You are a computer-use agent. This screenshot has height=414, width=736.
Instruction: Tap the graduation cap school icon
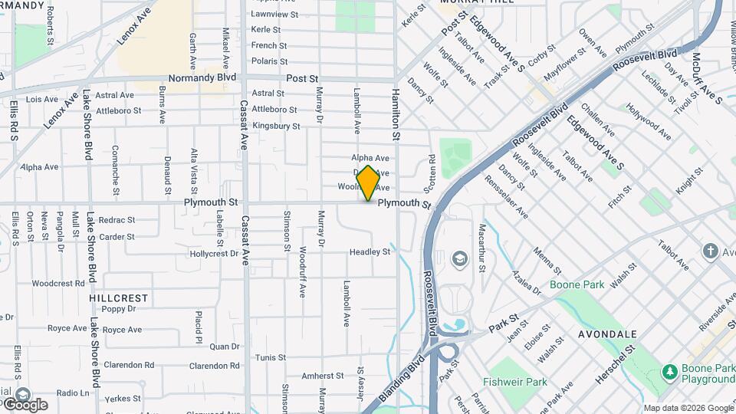click(460, 258)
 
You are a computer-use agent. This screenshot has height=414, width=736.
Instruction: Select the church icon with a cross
click(710, 251)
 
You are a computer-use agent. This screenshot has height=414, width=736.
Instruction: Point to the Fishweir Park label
click(514, 382)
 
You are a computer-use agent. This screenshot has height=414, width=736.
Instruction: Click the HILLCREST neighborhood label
click(118, 297)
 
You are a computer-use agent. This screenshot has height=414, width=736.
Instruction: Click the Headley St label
click(370, 251)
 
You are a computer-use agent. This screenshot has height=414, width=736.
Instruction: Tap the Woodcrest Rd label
click(58, 283)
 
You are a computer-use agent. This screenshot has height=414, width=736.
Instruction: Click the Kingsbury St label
click(275, 125)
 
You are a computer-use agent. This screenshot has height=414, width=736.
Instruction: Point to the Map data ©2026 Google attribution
click(688, 408)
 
